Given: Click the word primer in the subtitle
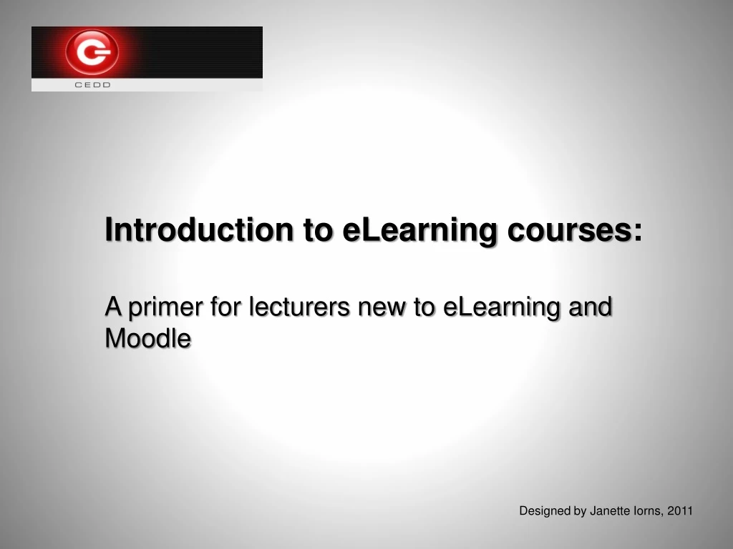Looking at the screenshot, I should point(164,307).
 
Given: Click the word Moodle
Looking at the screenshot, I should point(148,338).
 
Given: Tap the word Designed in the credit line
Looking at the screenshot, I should point(545,510).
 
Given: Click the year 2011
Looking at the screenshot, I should point(680,510).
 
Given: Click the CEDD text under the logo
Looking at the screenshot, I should point(93,85).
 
